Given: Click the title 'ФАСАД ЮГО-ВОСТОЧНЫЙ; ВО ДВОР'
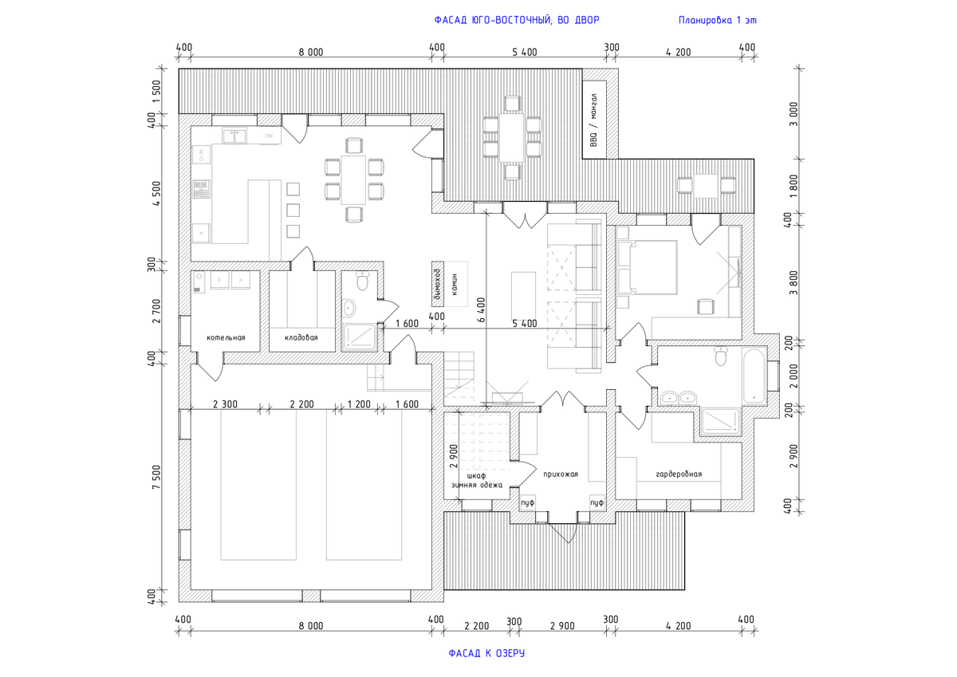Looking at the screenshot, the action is tap(516, 20).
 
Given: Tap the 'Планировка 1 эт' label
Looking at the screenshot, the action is tap(717, 20).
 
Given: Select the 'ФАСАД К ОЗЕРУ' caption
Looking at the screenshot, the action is tap(486, 654).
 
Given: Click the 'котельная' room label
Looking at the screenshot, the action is tap(226, 338).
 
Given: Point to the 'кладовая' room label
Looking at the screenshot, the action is tap(301, 338).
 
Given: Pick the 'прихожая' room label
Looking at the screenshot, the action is tap(560, 474).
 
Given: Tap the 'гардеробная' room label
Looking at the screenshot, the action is tap(679, 474).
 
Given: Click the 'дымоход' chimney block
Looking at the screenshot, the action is tap(436, 283).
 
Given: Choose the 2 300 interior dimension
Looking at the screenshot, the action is tap(226, 404).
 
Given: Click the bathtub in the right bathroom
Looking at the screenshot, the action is tap(753, 375).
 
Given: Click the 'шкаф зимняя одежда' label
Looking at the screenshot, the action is tap(476, 479).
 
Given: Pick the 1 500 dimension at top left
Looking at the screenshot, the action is tap(157, 92).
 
